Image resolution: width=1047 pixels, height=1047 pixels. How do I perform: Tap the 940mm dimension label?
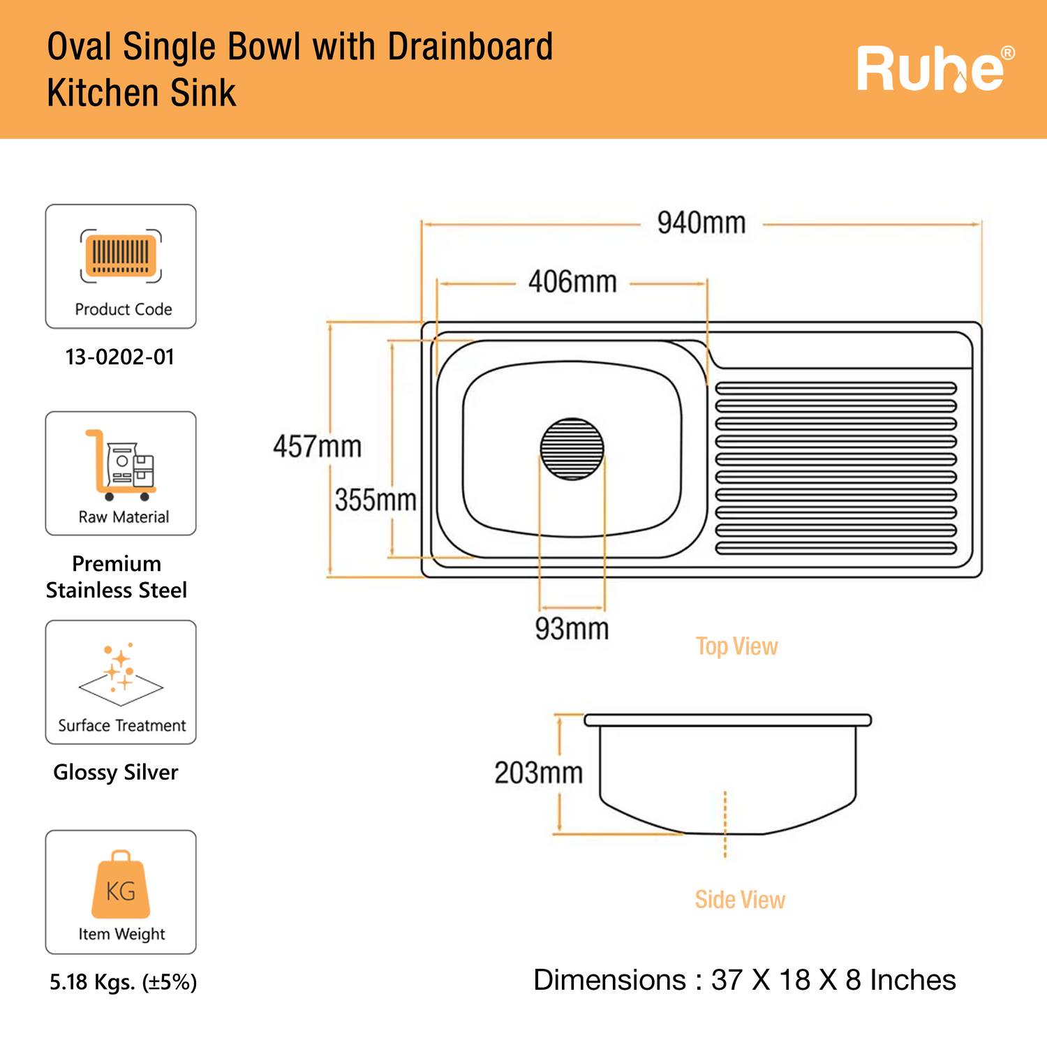(x=701, y=223)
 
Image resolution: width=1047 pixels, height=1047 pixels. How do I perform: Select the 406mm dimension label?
(x=572, y=282)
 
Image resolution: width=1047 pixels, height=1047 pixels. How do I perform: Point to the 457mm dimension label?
(x=318, y=447)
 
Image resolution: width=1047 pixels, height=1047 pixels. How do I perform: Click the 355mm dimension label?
(x=376, y=500)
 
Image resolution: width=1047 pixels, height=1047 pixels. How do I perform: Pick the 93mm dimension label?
(x=572, y=629)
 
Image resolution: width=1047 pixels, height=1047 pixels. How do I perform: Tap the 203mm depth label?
(x=538, y=773)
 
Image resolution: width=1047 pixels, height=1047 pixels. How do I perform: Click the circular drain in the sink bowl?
(x=572, y=449)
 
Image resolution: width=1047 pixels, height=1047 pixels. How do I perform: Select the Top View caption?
(x=736, y=646)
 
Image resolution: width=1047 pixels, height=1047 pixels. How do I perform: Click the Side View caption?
(x=740, y=900)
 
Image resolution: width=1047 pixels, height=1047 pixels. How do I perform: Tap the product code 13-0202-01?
(x=120, y=357)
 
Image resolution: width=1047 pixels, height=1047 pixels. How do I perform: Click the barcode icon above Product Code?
(x=121, y=255)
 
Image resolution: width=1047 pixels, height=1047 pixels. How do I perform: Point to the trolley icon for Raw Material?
(x=121, y=465)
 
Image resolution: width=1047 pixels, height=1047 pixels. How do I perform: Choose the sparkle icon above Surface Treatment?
(x=121, y=671)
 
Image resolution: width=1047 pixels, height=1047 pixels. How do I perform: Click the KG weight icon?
(x=121, y=884)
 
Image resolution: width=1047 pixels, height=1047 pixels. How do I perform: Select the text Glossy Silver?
(x=116, y=773)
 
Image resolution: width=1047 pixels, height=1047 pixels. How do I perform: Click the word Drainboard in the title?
(x=470, y=47)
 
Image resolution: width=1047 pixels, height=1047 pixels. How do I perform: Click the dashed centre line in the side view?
(x=725, y=824)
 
